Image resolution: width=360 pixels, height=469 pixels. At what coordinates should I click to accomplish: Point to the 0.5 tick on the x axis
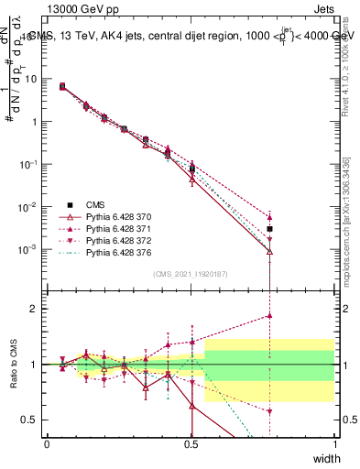[191, 443]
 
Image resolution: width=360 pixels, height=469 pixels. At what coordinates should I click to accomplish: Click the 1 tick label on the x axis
[335, 443]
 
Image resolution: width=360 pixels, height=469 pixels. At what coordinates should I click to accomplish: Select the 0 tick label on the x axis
[48, 443]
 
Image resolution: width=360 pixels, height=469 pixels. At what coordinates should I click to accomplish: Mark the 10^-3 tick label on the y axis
[28, 249]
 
